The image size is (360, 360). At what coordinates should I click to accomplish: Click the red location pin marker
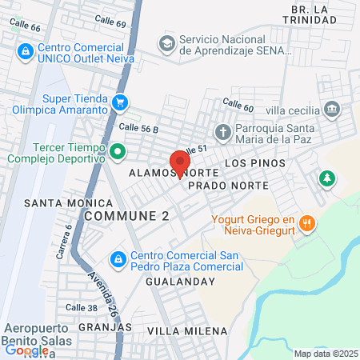point(180,162)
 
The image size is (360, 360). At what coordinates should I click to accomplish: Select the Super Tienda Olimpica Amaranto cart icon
point(120,102)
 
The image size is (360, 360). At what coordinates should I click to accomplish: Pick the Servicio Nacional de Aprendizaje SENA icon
point(167,42)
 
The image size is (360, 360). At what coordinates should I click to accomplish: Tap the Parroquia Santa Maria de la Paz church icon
point(222,131)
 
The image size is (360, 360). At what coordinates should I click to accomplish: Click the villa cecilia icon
point(332,109)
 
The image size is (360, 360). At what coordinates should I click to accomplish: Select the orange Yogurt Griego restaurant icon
point(306,222)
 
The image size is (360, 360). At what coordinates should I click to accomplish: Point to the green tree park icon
point(326,178)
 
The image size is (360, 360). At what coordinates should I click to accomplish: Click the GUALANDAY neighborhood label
point(182,282)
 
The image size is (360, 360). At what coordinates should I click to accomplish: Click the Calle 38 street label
point(82,308)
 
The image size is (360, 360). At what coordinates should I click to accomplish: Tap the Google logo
point(26,350)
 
